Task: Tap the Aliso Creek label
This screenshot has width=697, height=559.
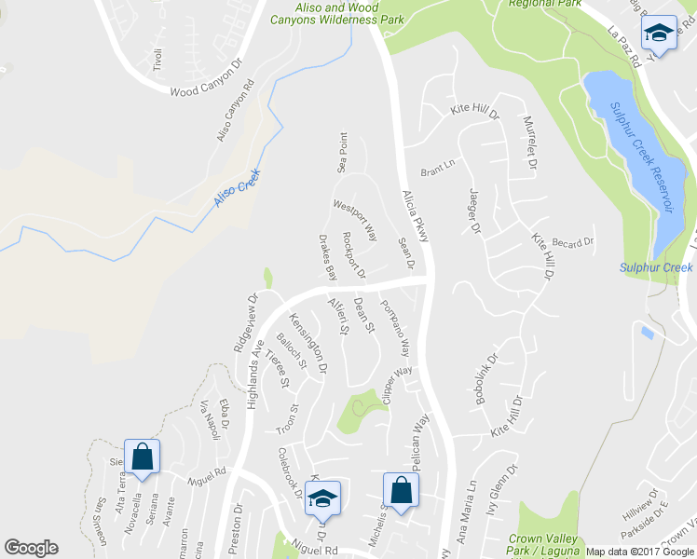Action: pos(235,187)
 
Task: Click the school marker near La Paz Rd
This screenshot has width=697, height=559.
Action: pos(660,36)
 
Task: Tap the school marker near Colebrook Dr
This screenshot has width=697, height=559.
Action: pos(322,499)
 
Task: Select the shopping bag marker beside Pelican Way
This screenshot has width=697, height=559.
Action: pos(401,490)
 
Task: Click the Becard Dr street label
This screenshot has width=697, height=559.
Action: pos(572,244)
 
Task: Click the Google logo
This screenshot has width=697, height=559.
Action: pos(31,548)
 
